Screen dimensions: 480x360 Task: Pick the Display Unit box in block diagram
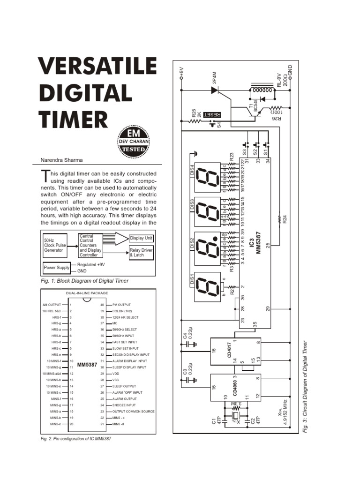click(x=141, y=239)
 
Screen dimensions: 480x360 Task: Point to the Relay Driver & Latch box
click(x=141, y=253)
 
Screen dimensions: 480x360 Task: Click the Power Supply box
click(x=56, y=268)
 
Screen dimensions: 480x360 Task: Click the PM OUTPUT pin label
click(x=121, y=305)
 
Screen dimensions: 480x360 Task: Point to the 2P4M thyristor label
click(x=215, y=78)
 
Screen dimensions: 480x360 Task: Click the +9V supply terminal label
click(x=181, y=72)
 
